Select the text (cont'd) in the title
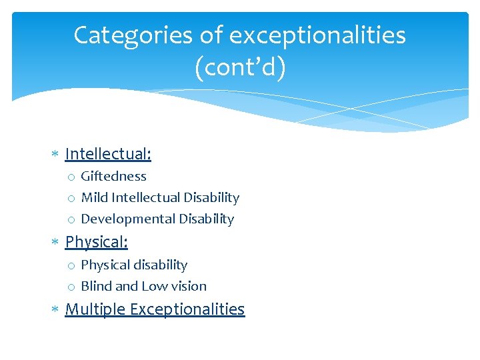click(240, 68)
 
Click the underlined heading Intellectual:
click(108, 155)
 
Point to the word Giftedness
click(113, 177)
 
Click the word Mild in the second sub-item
click(95, 198)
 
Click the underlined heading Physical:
click(96, 241)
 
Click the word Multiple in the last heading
click(95, 309)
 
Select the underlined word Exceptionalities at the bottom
click(187, 309)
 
